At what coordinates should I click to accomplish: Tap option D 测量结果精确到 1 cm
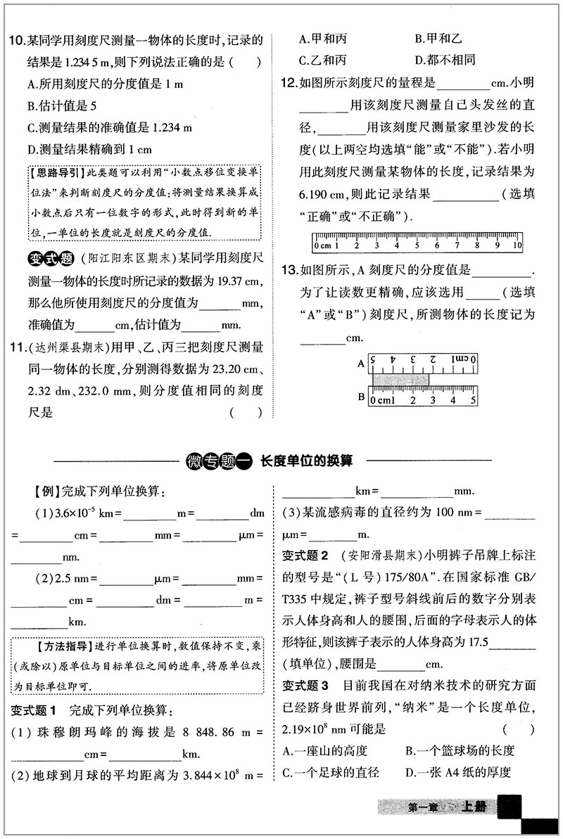[x=88, y=149]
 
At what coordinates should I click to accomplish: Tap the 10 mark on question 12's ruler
[x=517, y=245]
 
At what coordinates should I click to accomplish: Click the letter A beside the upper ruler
[x=361, y=364]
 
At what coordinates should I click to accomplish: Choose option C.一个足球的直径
[x=331, y=772]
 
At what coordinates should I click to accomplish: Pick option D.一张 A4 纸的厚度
[x=457, y=772]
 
